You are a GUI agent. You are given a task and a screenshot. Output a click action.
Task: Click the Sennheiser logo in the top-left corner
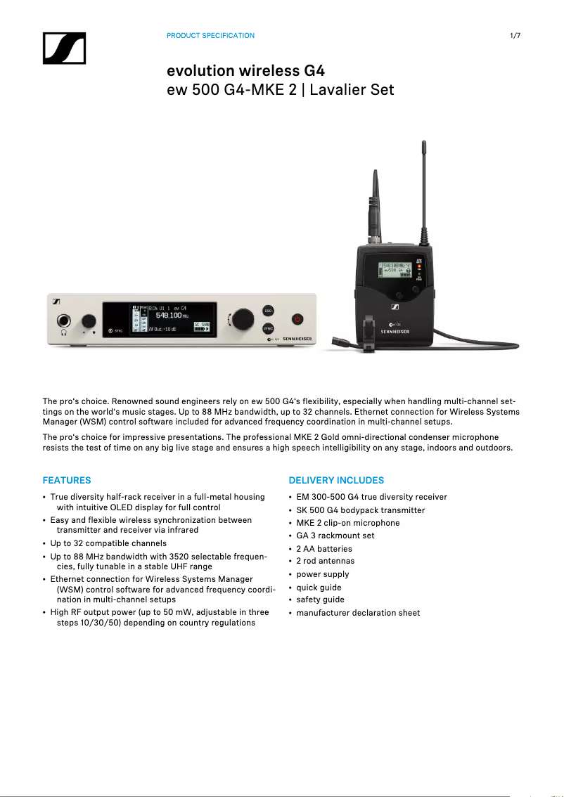(x=64, y=48)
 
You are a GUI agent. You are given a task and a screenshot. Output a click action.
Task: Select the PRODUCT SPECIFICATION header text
(x=210, y=35)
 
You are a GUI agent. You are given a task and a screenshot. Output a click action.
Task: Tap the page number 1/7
(x=515, y=35)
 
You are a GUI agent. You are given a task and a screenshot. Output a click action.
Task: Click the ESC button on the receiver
(x=268, y=311)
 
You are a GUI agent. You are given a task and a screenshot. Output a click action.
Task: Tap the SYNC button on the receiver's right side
(x=268, y=328)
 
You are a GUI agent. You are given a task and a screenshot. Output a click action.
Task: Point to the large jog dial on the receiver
(x=242, y=318)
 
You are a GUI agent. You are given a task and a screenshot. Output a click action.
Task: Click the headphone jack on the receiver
(x=65, y=320)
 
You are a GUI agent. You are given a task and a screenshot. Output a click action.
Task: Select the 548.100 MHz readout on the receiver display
(x=169, y=316)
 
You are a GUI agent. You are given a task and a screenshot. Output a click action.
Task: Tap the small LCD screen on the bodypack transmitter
(x=395, y=269)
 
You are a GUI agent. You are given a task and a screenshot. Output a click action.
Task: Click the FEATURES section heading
(x=67, y=481)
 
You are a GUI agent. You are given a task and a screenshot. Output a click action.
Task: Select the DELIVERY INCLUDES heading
(x=336, y=481)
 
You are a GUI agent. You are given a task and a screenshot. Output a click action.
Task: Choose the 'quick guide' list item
(x=319, y=587)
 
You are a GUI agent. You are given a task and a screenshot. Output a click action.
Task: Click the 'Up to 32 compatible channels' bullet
(x=108, y=543)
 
